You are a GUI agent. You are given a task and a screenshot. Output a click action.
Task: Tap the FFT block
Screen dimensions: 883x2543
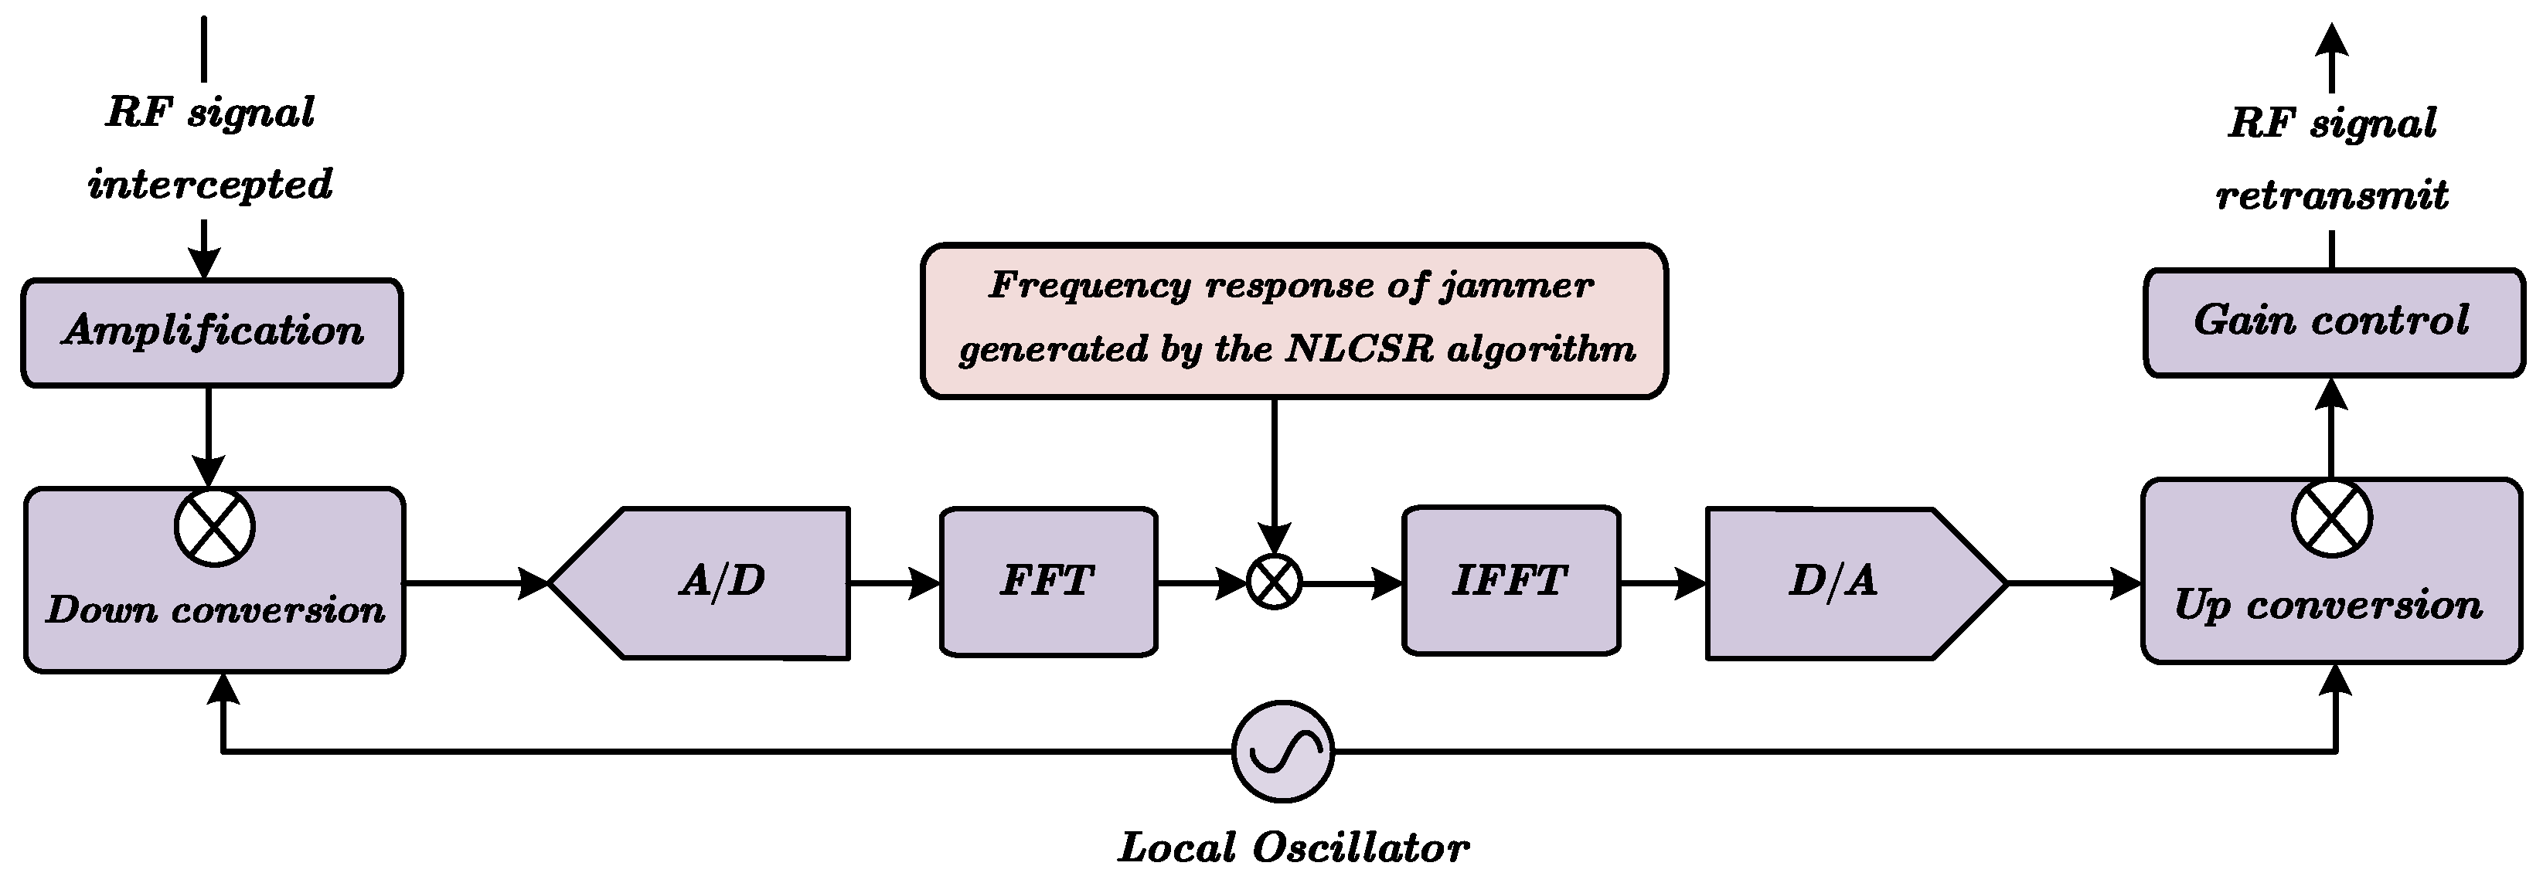click(1047, 581)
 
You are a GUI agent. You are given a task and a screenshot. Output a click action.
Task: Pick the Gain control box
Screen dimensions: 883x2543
click(2333, 321)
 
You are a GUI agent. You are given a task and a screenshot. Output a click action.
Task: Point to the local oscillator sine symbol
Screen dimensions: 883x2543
click(1282, 751)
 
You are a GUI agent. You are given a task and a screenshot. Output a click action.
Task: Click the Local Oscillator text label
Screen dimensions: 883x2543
click(1293, 847)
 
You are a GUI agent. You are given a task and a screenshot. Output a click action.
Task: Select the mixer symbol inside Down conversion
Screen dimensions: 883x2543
click(214, 527)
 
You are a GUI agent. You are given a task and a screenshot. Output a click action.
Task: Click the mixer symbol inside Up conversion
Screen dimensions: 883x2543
click(2332, 518)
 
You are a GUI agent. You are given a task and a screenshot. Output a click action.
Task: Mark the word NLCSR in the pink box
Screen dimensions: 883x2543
click(1360, 349)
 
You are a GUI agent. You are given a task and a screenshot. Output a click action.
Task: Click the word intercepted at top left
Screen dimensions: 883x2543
click(210, 185)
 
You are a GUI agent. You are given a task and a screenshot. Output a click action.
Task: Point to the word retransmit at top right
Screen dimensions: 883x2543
click(2332, 195)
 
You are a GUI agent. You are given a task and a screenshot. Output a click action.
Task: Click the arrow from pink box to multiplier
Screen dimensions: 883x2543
click(1275, 474)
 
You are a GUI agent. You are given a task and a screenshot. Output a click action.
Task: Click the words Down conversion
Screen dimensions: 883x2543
click(215, 610)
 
